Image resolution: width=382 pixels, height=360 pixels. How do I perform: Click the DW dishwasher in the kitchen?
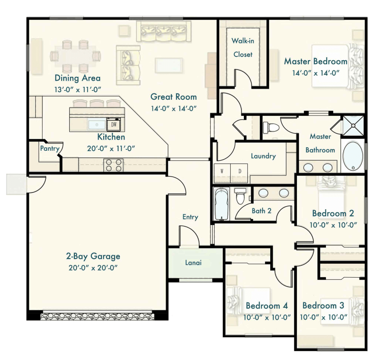[114, 125]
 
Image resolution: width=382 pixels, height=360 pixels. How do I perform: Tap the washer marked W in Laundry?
[222, 173]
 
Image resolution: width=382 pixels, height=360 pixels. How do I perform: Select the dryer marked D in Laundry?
[239, 173]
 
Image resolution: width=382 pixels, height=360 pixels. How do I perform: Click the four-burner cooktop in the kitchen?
[113, 165]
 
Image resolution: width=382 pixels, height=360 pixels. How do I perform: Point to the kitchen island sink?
[97, 125]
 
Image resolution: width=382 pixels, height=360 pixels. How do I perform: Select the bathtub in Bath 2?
[221, 204]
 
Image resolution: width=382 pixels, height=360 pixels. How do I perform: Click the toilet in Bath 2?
[240, 195]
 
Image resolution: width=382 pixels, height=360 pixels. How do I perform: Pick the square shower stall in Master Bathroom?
[353, 126]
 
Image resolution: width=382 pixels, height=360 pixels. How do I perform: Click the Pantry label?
[50, 148]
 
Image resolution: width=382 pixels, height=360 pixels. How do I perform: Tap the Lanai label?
[193, 263]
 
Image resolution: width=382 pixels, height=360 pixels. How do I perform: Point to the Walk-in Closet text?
[243, 48]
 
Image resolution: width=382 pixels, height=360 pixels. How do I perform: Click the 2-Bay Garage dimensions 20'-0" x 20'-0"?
[93, 268]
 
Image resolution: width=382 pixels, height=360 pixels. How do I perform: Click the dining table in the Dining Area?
[75, 56]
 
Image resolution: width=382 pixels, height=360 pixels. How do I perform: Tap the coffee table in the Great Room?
[169, 65]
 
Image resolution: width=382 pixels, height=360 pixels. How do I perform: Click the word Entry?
[190, 217]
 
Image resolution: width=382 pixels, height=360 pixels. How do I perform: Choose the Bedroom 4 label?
[267, 306]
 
